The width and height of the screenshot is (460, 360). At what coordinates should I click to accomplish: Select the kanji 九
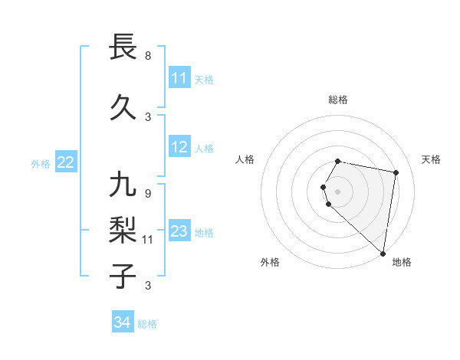click(x=123, y=185)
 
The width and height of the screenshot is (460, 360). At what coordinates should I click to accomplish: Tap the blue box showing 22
click(x=66, y=162)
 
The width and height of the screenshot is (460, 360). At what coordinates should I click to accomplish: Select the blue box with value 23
click(x=179, y=232)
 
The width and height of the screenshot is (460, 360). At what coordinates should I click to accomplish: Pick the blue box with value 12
click(x=179, y=148)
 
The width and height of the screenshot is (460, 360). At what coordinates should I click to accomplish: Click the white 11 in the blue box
click(x=179, y=78)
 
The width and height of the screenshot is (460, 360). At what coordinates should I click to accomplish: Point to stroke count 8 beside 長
click(x=148, y=55)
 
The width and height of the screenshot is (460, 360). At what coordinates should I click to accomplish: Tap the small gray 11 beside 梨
click(x=149, y=239)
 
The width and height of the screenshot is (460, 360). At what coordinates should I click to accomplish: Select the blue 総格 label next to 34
click(x=148, y=324)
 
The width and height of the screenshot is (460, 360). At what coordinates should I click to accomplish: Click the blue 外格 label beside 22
click(x=41, y=163)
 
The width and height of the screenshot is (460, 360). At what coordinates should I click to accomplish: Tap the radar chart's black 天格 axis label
click(x=432, y=159)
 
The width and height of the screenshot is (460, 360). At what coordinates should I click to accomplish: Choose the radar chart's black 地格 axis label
click(x=402, y=262)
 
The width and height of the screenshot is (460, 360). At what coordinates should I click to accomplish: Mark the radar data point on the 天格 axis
click(x=396, y=172)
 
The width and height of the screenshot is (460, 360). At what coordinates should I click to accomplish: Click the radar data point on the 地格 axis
click(x=383, y=253)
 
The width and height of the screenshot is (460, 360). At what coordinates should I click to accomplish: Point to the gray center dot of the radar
click(x=338, y=191)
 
